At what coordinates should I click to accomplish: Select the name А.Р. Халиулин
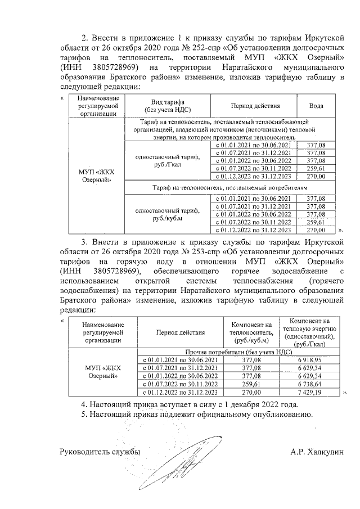317,451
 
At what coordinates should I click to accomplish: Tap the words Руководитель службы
100,451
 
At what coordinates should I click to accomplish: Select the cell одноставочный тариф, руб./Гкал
168,161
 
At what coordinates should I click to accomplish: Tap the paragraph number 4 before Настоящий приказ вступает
83,404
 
